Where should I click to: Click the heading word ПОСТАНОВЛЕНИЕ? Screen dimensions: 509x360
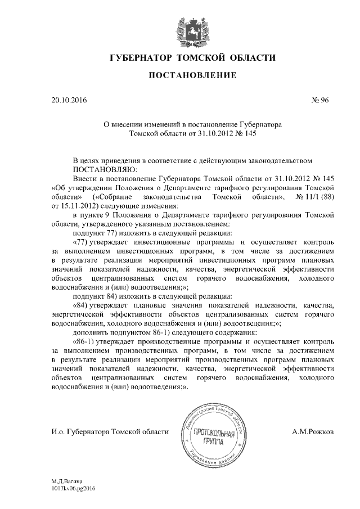click(181, 75)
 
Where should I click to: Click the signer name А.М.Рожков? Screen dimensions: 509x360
click(313, 431)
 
